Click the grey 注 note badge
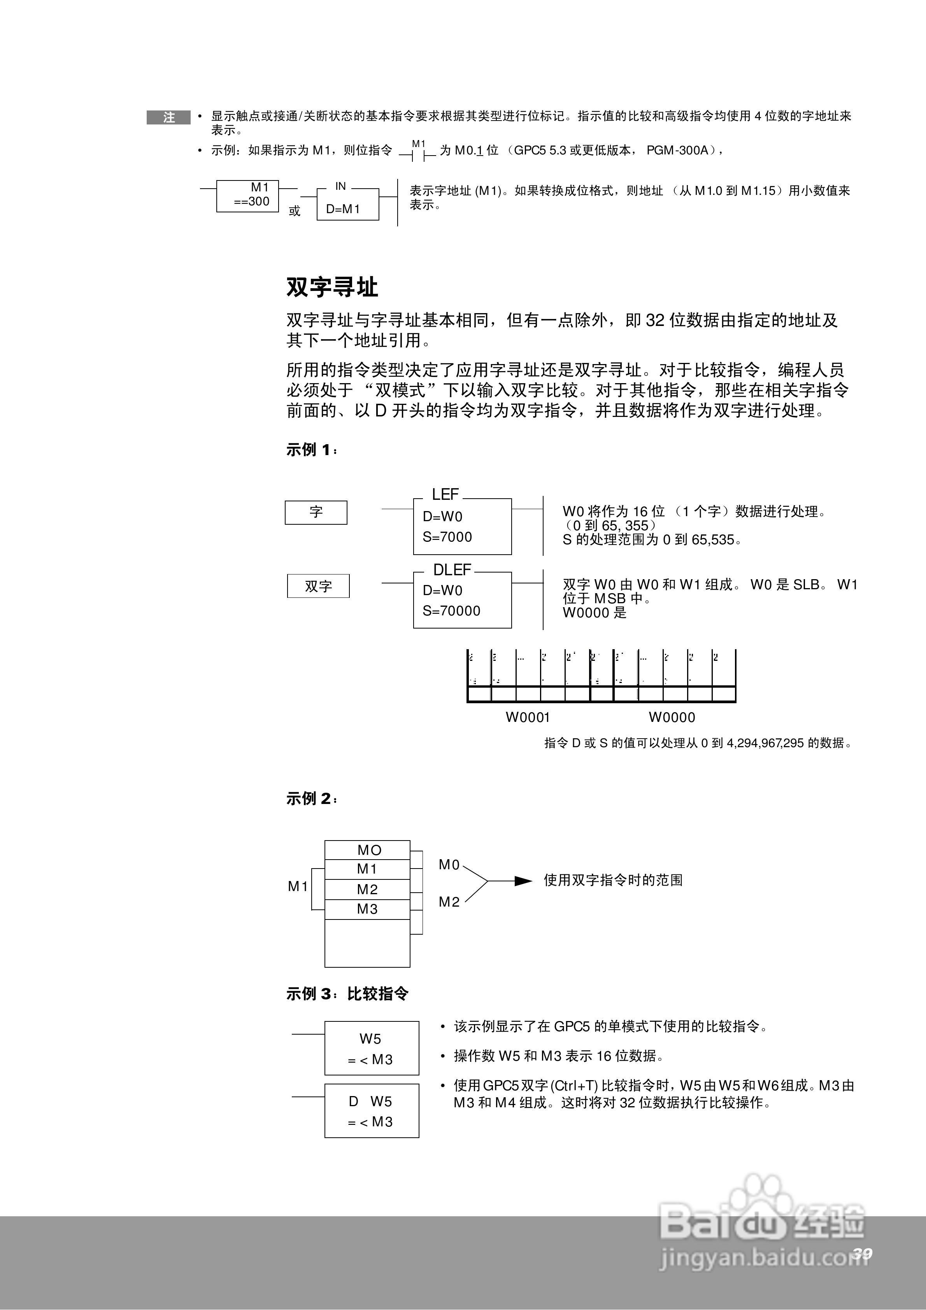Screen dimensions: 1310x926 [168, 117]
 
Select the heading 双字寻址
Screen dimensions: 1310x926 [332, 287]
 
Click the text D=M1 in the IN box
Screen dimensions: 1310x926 [343, 209]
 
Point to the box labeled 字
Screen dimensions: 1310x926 [316, 512]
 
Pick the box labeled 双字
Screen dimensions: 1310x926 [318, 586]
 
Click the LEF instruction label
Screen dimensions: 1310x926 [445, 494]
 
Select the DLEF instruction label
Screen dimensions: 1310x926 [452, 570]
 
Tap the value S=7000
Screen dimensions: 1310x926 [447, 537]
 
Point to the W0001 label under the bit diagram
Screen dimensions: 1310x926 [528, 718]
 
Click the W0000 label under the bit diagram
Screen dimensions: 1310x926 [672, 718]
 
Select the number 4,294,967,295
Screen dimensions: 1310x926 [765, 743]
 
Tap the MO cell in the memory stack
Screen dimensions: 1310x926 [368, 850]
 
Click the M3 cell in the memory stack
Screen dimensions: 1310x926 [367, 909]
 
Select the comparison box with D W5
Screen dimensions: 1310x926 [372, 1111]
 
